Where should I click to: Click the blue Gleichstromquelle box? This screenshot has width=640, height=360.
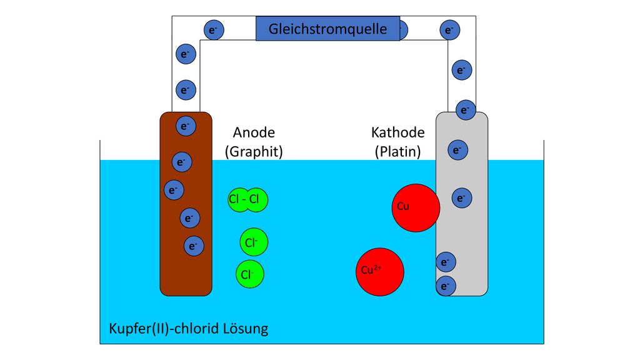click(327, 29)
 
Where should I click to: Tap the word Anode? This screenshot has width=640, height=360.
click(254, 132)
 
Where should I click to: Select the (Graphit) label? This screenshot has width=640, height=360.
click(254, 151)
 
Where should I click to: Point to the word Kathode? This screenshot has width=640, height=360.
click(398, 132)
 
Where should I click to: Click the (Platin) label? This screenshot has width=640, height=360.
click(398, 151)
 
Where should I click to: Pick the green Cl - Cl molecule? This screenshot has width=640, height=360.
click(247, 199)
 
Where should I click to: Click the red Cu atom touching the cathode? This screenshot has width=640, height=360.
click(416, 207)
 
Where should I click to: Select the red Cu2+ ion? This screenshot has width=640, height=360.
click(380, 272)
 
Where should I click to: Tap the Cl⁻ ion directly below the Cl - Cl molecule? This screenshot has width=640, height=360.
click(254, 242)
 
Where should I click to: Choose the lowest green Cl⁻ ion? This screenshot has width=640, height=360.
click(250, 274)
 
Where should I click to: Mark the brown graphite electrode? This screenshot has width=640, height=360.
click(186, 204)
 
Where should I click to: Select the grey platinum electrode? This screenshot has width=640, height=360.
click(462, 204)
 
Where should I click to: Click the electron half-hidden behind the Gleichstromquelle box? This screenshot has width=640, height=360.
click(404, 30)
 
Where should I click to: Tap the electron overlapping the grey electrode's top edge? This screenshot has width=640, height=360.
click(466, 110)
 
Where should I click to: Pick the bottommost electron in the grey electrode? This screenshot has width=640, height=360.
click(446, 286)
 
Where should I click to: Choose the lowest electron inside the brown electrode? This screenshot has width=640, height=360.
click(194, 246)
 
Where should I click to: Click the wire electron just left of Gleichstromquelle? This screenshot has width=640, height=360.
click(214, 30)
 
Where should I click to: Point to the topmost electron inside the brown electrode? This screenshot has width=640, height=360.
click(186, 126)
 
